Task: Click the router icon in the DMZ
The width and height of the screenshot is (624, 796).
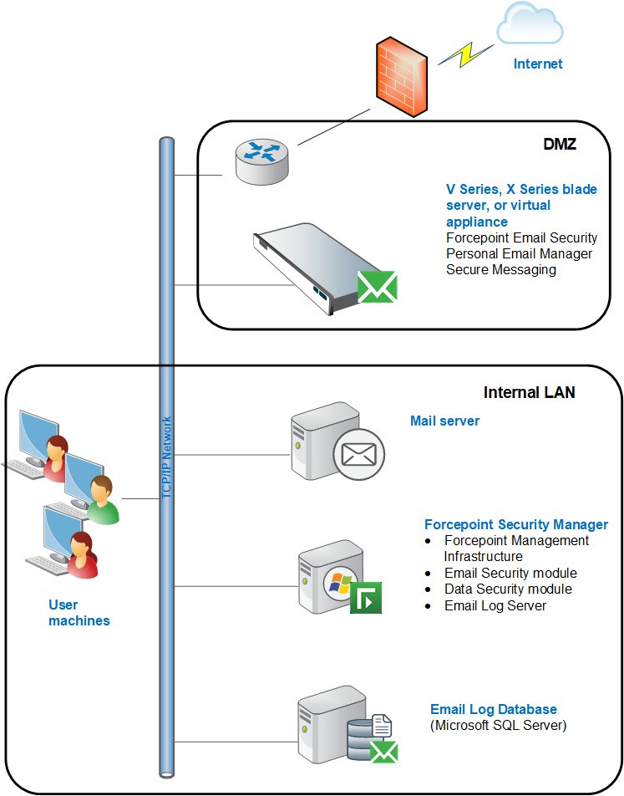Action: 261,160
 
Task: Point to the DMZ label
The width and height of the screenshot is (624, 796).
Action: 560,145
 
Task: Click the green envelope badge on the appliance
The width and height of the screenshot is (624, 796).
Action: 377,286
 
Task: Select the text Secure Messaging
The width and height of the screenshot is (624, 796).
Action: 500,269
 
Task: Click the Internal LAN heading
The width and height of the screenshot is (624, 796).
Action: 529,392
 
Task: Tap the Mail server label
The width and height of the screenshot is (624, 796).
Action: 444,421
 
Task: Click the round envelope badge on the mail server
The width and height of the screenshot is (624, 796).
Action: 358,455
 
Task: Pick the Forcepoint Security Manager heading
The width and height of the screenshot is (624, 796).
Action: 516,525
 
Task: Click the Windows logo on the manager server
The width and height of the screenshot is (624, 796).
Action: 340,582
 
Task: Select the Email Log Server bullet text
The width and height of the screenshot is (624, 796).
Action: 495,605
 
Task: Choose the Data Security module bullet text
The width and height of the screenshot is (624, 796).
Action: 508,589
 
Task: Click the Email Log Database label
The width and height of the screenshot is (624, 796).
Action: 493,709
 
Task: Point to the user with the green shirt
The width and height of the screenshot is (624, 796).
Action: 100,499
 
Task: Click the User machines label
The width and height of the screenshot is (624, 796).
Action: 79,613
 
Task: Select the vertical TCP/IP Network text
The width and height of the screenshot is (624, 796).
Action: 167,457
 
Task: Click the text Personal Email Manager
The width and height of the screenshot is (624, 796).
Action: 519,253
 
